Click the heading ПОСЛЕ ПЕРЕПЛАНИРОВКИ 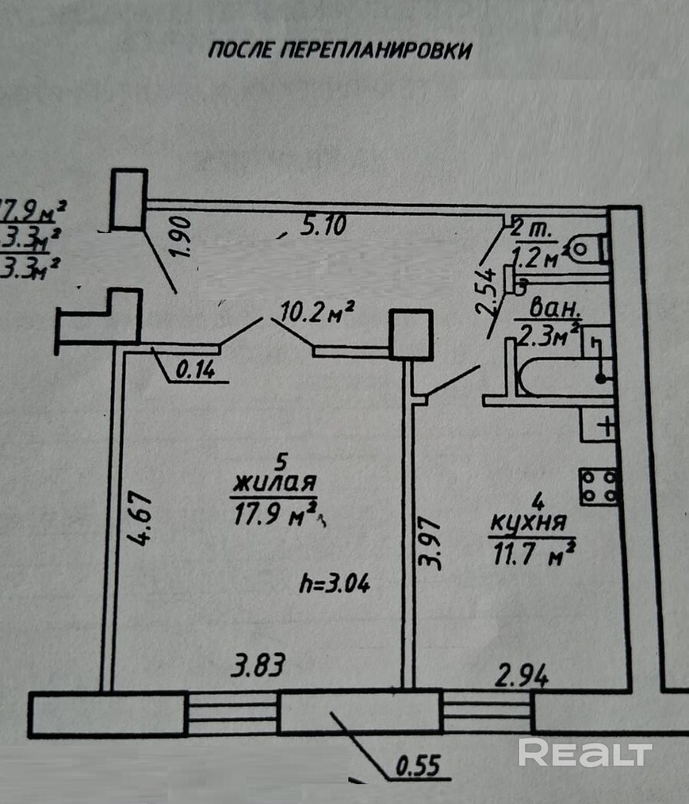coord(340,51)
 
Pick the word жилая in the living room coord(275,484)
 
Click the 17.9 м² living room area coord(275,510)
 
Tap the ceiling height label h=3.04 coord(334,584)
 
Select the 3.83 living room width coord(258,665)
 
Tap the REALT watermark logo coord(585,753)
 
